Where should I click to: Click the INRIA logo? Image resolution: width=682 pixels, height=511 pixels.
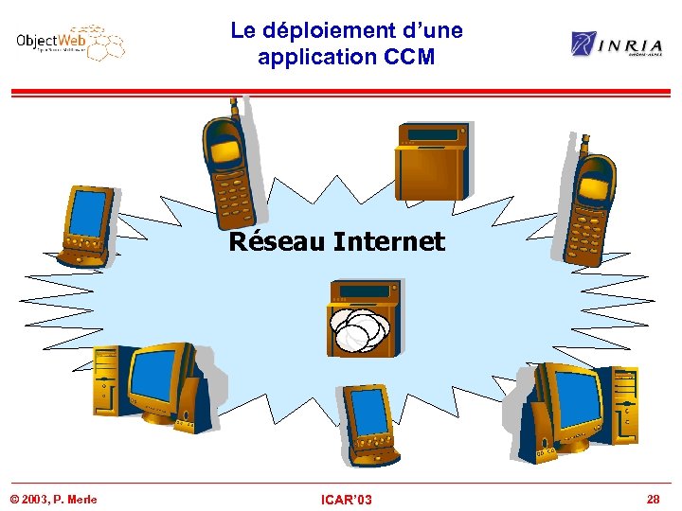point(617,44)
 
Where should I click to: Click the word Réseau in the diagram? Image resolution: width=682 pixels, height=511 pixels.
point(278,241)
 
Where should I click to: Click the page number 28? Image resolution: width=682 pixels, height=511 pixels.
point(653,498)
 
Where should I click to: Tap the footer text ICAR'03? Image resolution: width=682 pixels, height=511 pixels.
point(347,499)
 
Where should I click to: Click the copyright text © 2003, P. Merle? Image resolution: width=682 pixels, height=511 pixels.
point(53,499)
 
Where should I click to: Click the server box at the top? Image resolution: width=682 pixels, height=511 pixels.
point(432,160)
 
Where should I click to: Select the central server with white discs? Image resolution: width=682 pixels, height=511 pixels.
point(361,318)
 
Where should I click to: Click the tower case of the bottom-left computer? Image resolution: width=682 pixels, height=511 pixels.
point(106,382)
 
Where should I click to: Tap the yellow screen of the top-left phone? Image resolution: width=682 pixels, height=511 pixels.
point(224,150)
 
